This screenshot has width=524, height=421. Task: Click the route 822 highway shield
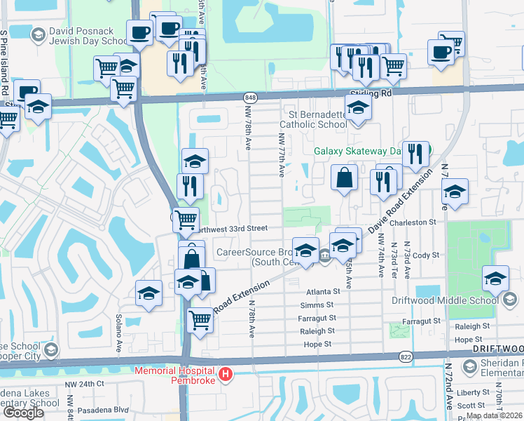tap(405, 356)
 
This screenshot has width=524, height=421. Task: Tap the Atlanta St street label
tap(322, 291)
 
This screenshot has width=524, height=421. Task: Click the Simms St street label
tap(319, 305)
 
